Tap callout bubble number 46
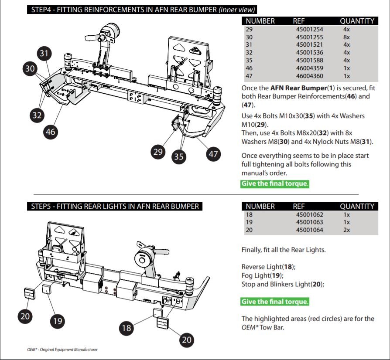click(52, 132)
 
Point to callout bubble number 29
click(158, 152)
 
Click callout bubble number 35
click(178, 156)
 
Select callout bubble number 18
click(126, 328)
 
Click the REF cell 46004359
click(309, 68)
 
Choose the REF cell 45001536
click(309, 52)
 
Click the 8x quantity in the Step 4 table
click(346, 37)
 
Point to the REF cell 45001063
click(309, 222)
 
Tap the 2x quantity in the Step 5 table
click(346, 230)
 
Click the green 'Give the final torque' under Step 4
click(275, 183)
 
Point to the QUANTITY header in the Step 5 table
click(357, 206)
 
